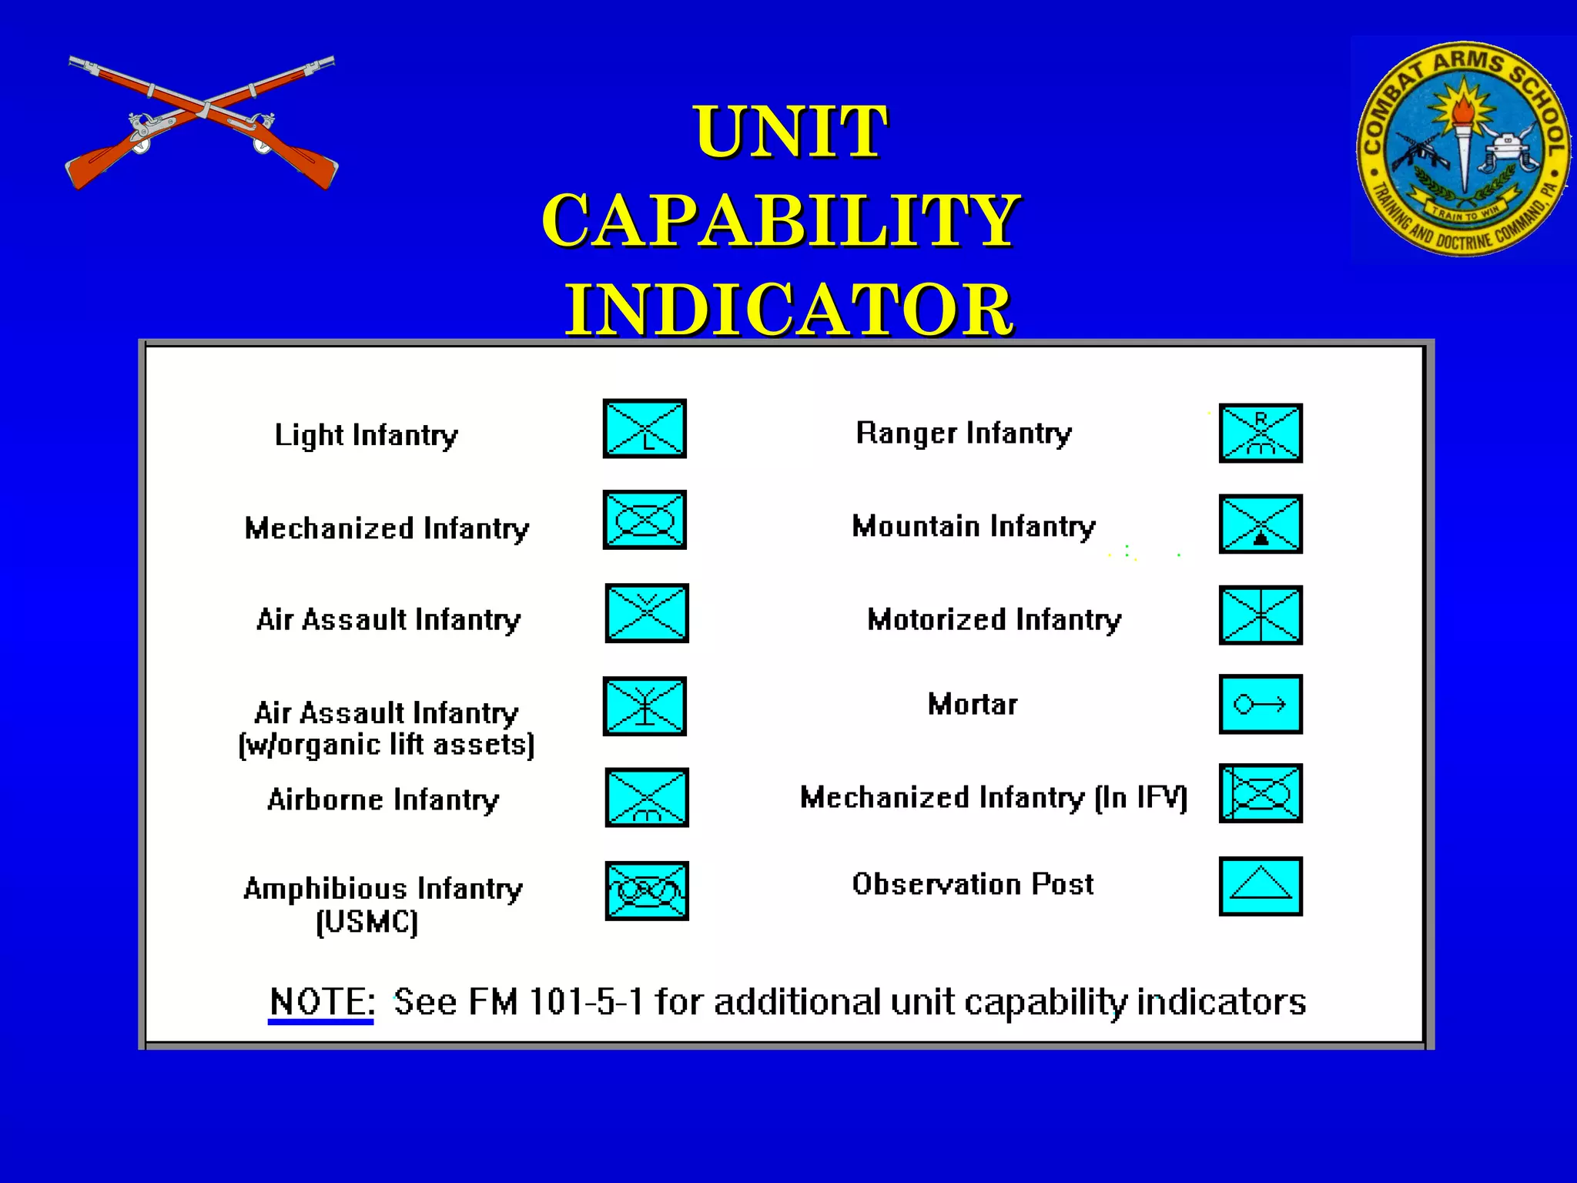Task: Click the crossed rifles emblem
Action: tap(202, 122)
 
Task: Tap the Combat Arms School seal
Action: tap(1462, 149)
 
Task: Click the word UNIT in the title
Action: tap(790, 132)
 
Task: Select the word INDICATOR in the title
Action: tap(789, 310)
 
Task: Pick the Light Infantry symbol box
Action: tap(645, 429)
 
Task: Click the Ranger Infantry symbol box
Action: tap(1261, 433)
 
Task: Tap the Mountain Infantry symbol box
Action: tap(1261, 524)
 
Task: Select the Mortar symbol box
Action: tap(1261, 704)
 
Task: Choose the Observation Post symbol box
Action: tap(1261, 886)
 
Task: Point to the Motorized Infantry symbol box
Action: tap(1261, 615)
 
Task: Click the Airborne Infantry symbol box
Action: tap(646, 797)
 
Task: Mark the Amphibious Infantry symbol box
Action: tap(646, 890)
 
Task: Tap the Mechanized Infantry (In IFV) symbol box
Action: tap(1261, 793)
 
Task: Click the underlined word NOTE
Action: tap(322, 1002)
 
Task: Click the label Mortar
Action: tap(973, 704)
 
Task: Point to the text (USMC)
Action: tap(367, 922)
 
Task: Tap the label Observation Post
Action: tap(973, 884)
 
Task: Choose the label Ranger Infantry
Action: tap(963, 434)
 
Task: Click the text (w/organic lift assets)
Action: tap(387, 746)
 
